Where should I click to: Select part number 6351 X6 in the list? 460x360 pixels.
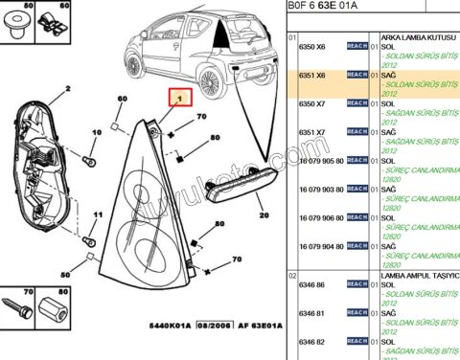click(312, 75)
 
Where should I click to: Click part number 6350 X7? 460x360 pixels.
click(312, 102)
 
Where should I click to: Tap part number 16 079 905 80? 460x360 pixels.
click(320, 160)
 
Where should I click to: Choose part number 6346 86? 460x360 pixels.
click(312, 285)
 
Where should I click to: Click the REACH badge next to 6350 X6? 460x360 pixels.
click(356, 46)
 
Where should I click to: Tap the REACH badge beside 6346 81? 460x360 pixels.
click(356, 313)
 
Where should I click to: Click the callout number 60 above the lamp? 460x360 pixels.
click(122, 100)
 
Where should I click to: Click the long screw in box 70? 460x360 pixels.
click(17, 312)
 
